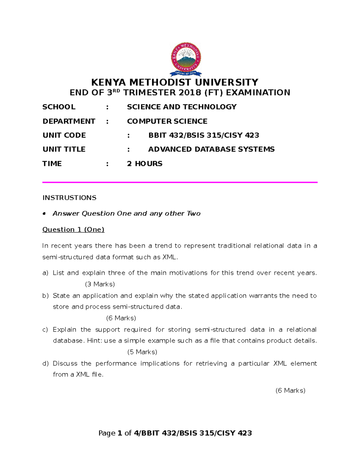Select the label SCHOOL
pyautogui.click(x=59, y=107)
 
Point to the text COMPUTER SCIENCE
pyautogui.click(x=167, y=121)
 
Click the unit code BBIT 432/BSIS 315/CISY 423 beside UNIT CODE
pyautogui.click(x=204, y=135)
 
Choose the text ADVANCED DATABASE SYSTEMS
pyautogui.click(x=211, y=149)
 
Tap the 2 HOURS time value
pyautogui.click(x=145, y=164)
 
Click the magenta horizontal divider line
pyautogui.click(x=180, y=182)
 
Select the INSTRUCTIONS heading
pyautogui.click(x=69, y=198)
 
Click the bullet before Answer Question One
pyautogui.click(x=44, y=214)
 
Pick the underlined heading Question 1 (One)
pyautogui.click(x=73, y=230)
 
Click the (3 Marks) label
pyautogui.click(x=100, y=284)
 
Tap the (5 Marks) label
pyautogui.click(x=142, y=352)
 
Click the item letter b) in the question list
pyautogui.click(x=45, y=296)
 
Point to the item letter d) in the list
pyautogui.click(x=45, y=364)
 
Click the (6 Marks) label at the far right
pyautogui.click(x=290, y=390)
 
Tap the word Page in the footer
pyautogui.click(x=107, y=433)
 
